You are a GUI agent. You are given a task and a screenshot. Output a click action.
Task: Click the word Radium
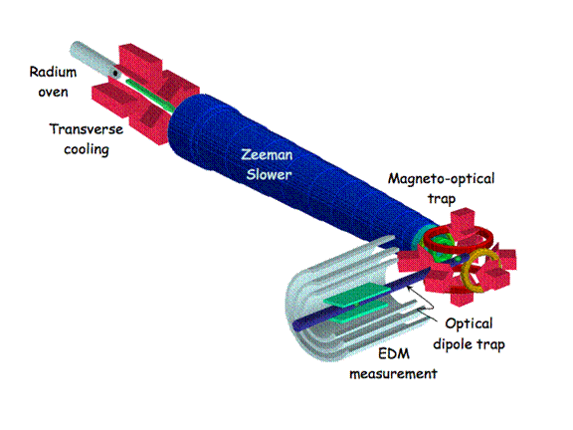[53, 72]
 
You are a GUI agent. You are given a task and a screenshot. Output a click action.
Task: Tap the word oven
[53, 92]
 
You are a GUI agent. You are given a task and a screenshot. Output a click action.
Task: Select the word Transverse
[87, 129]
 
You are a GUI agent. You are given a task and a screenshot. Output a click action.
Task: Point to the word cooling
[87, 150]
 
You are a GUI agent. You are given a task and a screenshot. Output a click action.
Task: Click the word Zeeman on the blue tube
[267, 155]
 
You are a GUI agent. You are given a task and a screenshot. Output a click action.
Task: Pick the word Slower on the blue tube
[269, 174]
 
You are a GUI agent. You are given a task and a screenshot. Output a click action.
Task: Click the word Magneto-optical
[441, 179]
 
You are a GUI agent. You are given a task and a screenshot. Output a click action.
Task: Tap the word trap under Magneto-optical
[442, 199]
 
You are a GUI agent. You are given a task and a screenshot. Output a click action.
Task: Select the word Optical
[469, 323]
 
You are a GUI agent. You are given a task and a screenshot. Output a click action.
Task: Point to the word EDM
[394, 353]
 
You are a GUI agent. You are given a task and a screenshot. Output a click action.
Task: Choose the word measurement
[393, 373]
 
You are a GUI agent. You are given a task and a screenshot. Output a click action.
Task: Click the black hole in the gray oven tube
[115, 73]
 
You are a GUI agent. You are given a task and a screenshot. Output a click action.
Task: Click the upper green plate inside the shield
[356, 295]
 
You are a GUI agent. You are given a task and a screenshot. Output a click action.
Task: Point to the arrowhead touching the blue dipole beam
[410, 289]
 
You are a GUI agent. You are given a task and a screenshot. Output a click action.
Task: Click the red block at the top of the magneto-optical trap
[463, 220]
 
